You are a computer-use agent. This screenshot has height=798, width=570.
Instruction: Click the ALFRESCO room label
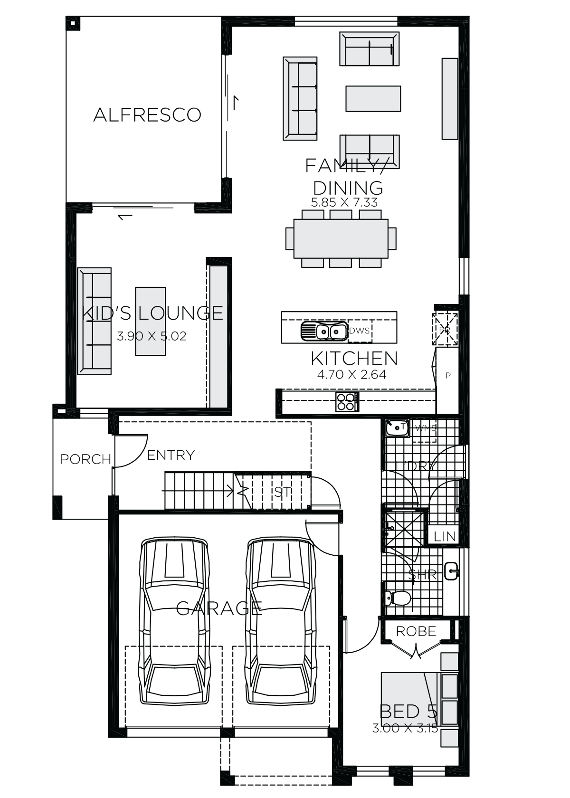coord(147,115)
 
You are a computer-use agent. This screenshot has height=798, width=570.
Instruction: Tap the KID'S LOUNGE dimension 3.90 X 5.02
coord(152,336)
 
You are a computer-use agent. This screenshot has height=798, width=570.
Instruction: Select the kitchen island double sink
coord(323,331)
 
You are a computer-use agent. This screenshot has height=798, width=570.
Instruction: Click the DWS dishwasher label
coord(359,331)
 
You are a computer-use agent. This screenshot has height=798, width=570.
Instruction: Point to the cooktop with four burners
coord(347,402)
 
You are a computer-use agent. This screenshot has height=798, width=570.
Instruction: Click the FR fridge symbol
coord(445,329)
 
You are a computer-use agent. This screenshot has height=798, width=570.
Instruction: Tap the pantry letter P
coord(448,376)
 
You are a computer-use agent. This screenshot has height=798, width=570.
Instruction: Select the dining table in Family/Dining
coord(341,238)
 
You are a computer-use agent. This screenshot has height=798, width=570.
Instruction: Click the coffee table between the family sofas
coord(373,99)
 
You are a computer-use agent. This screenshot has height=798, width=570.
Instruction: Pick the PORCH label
coord(85,459)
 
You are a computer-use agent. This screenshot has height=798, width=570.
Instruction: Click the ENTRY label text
coord(171,455)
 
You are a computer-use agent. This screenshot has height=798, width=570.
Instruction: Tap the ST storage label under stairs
coord(282,492)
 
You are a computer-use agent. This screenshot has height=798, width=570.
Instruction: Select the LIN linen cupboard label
coord(445,537)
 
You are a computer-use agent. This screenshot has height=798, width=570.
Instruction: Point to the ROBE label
coord(416,631)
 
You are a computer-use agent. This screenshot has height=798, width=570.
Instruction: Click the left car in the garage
coord(174,622)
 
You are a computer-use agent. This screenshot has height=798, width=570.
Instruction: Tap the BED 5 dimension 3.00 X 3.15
coord(405,728)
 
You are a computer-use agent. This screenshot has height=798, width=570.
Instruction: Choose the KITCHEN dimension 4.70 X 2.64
coord(351,375)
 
